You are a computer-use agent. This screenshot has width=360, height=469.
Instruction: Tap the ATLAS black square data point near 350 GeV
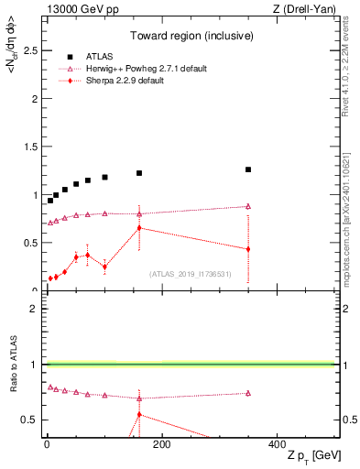247,169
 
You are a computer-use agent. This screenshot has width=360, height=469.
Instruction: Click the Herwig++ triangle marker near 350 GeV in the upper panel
247,206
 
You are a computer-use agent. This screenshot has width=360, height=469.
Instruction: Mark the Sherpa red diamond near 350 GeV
247,249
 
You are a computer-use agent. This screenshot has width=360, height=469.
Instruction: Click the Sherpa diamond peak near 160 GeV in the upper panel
139,227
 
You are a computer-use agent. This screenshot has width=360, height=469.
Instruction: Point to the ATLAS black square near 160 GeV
139,173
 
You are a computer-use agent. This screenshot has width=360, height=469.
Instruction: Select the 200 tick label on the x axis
161,444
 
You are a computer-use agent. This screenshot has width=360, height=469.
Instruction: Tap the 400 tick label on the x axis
277,444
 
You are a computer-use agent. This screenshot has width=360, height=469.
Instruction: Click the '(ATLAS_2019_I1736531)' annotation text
191,274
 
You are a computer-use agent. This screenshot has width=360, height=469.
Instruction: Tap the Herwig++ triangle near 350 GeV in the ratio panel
247,393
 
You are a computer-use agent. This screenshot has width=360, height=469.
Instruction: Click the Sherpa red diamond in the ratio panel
139,414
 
